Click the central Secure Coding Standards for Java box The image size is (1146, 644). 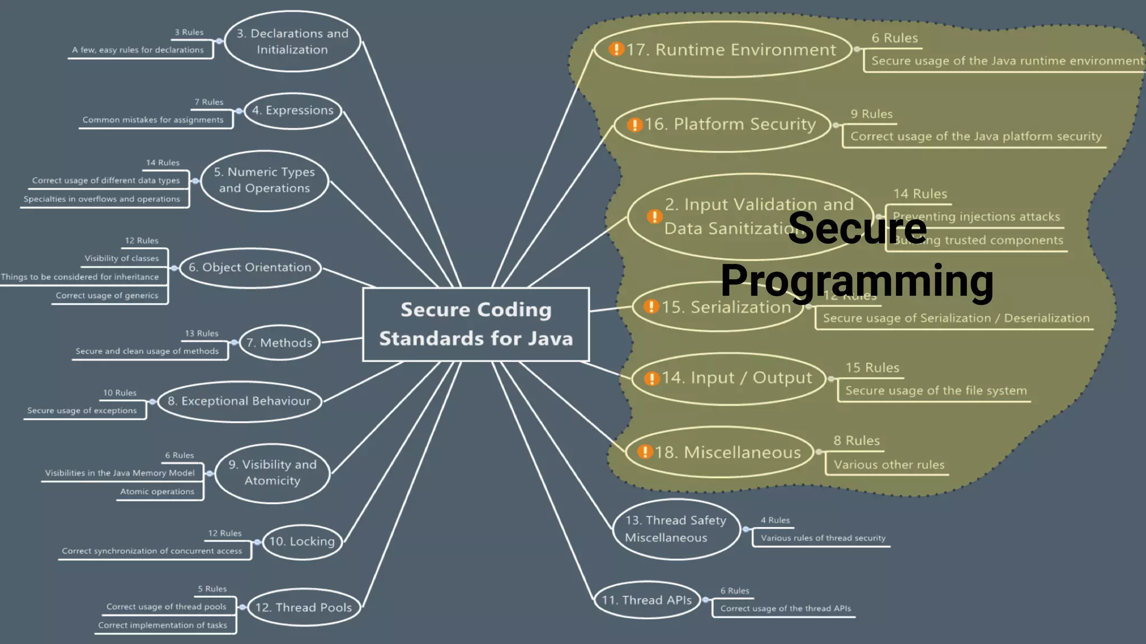tap(476, 324)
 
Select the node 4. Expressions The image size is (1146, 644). tap(293, 111)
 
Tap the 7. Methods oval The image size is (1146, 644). tap(279, 343)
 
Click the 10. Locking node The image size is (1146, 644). tap(302, 541)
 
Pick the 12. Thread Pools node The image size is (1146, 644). tap(303, 607)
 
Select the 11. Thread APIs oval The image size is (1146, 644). tap(646, 600)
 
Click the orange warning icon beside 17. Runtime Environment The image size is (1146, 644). tap(616, 49)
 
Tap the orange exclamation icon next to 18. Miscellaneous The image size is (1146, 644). tap(645, 452)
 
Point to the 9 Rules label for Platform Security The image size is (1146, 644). tap(871, 114)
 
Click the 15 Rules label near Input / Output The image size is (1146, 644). tap(872, 368)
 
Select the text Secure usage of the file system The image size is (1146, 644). tap(936, 391)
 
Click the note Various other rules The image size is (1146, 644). tap(889, 465)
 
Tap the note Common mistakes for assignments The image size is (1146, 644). tap(153, 120)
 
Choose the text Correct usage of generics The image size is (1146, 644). tap(107, 295)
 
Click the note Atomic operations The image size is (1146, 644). tap(157, 491)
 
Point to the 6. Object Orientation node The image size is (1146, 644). tap(250, 268)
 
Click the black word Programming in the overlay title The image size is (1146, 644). tap(856, 281)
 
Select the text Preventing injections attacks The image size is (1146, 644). tap(976, 217)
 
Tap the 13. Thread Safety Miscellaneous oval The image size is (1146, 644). tap(675, 529)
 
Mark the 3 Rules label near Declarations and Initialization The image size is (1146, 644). tap(189, 32)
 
